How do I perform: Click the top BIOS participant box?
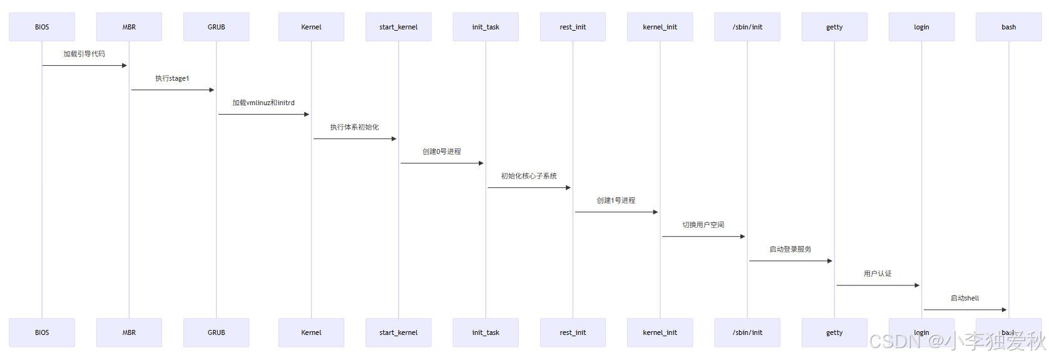pyautogui.click(x=42, y=27)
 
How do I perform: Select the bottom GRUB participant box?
pyautogui.click(x=216, y=332)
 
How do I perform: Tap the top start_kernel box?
pyautogui.click(x=398, y=27)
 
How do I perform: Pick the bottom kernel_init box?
pyautogui.click(x=660, y=332)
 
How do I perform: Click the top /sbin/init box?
pyautogui.click(x=747, y=27)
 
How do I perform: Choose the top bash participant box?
pyautogui.click(x=1008, y=27)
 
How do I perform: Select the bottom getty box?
pyautogui.click(x=834, y=332)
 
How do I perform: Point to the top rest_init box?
pyautogui.click(x=573, y=27)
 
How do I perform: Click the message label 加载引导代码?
pyautogui.click(x=84, y=54)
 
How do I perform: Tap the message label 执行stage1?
pyautogui.click(x=172, y=78)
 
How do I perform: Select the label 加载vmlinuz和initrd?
pyautogui.click(x=264, y=103)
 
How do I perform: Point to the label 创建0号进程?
pyautogui.click(x=441, y=152)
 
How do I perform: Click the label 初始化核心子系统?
pyautogui.click(x=529, y=176)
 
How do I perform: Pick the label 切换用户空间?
pyautogui.click(x=703, y=225)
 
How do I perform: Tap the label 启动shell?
pyautogui.click(x=965, y=298)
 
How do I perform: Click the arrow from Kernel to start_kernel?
pyautogui.click(x=354, y=139)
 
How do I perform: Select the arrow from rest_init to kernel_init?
pyautogui.click(x=616, y=212)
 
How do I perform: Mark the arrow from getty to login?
pyautogui.click(x=878, y=285)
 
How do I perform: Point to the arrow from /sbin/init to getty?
pyautogui.click(x=790, y=261)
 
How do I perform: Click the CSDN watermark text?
pyautogui.click(x=957, y=342)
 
